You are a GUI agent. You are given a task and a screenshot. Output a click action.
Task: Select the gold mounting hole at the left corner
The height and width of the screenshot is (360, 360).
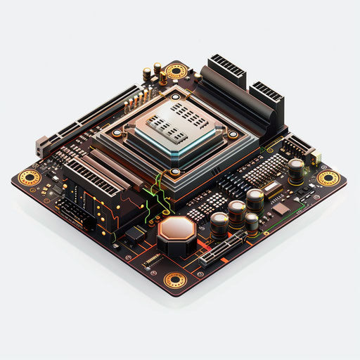(x=29, y=176)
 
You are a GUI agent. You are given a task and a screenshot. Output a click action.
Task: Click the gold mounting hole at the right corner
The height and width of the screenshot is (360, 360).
(x=328, y=178)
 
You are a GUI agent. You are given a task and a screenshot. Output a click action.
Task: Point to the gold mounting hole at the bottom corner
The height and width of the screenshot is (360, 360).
(x=175, y=281)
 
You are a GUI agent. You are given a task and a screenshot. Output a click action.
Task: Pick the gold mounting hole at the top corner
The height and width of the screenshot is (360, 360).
(x=176, y=70)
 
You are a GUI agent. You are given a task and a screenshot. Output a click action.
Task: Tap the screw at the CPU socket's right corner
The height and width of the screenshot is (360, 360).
(x=233, y=134)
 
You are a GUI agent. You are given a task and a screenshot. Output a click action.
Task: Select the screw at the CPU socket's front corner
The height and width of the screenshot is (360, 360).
(x=175, y=171)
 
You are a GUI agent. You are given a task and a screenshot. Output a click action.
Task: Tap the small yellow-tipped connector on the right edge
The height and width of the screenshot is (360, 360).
(x=316, y=155)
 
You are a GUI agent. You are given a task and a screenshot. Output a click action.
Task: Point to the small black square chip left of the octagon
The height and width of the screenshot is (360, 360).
(x=134, y=234)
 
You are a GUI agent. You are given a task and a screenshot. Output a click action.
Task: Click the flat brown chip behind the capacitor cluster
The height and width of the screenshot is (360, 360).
(x=281, y=208)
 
